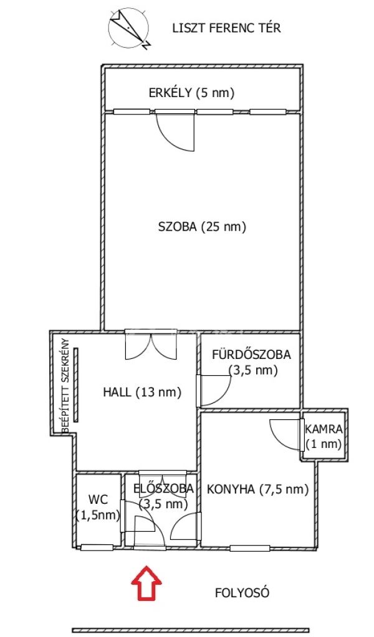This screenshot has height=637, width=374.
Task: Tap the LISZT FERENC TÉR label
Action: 227,28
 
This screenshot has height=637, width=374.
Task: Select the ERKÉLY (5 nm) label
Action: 192,93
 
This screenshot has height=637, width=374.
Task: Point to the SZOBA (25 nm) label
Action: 202,226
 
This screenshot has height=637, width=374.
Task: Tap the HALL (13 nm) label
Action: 142,392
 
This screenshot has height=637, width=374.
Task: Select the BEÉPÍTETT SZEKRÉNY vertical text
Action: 65,385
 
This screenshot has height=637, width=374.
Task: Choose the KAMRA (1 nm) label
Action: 324,436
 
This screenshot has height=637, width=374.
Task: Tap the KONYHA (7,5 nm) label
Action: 257,489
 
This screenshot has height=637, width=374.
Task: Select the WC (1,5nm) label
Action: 98,508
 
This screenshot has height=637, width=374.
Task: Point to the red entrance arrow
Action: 146,582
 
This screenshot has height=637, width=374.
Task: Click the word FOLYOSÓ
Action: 242,593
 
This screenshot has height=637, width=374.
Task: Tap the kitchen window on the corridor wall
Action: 250,548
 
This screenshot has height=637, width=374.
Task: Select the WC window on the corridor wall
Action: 97,547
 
